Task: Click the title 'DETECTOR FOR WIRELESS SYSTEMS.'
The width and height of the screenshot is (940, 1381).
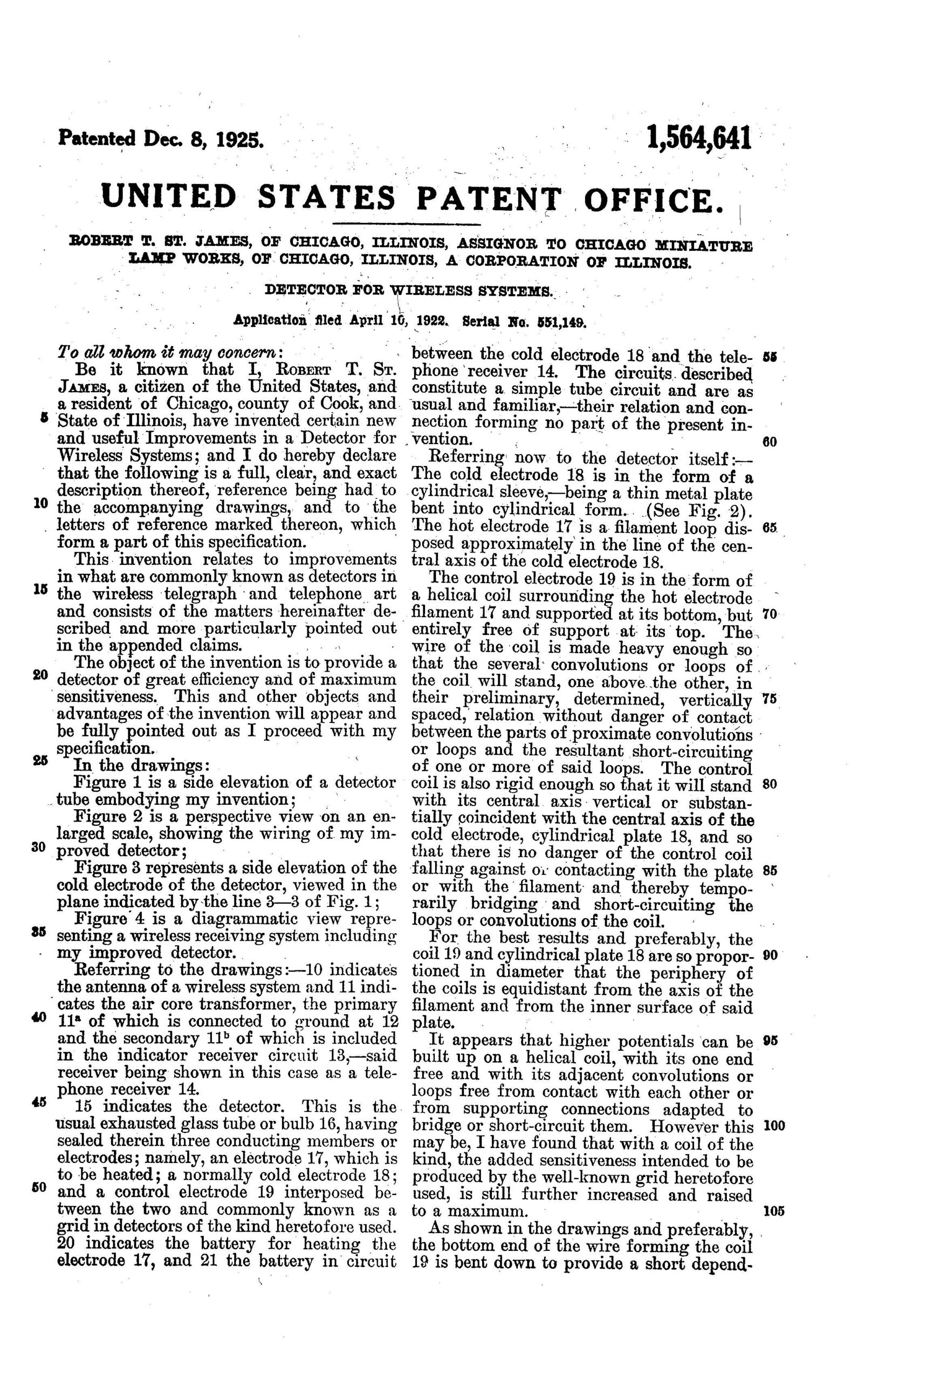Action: pos(409,291)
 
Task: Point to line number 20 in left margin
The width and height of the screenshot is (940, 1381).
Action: pos(40,674)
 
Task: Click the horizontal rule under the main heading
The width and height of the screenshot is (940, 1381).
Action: pos(407,224)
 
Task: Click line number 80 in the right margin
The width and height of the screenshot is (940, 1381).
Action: pos(770,784)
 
